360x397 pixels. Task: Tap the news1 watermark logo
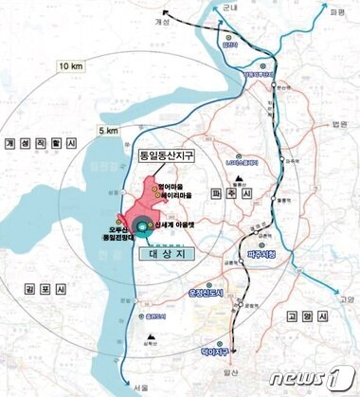point(313,380)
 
